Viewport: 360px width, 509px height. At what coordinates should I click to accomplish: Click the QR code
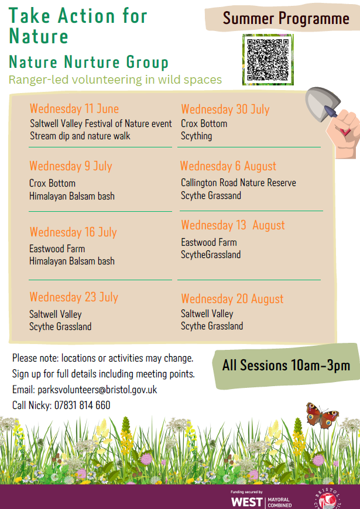[268, 60]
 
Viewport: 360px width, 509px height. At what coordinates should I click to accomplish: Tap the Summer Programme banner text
[286, 18]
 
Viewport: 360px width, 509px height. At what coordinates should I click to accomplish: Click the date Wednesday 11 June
[74, 108]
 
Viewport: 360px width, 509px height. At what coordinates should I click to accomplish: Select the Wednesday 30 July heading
[225, 109]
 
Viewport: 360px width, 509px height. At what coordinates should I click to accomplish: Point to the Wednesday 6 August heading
[228, 166]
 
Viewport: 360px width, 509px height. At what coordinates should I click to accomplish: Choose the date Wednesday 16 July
[73, 232]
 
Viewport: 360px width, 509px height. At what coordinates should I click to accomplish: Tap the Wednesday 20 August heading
[232, 298]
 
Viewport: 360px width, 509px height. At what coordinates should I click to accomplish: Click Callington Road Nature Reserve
[238, 183]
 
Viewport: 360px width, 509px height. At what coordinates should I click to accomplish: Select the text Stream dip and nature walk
[80, 136]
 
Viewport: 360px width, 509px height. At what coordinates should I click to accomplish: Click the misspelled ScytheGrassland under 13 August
[211, 254]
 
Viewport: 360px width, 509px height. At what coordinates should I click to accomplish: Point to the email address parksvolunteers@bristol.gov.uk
[97, 390]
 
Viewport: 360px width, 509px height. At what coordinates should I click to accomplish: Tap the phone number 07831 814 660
[82, 405]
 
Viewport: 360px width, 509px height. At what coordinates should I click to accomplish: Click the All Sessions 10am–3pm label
[286, 365]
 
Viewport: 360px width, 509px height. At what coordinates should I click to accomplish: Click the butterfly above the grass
[322, 415]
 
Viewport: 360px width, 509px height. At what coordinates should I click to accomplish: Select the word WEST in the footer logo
[246, 502]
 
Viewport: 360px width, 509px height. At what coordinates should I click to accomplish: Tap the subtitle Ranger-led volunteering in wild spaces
[115, 80]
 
